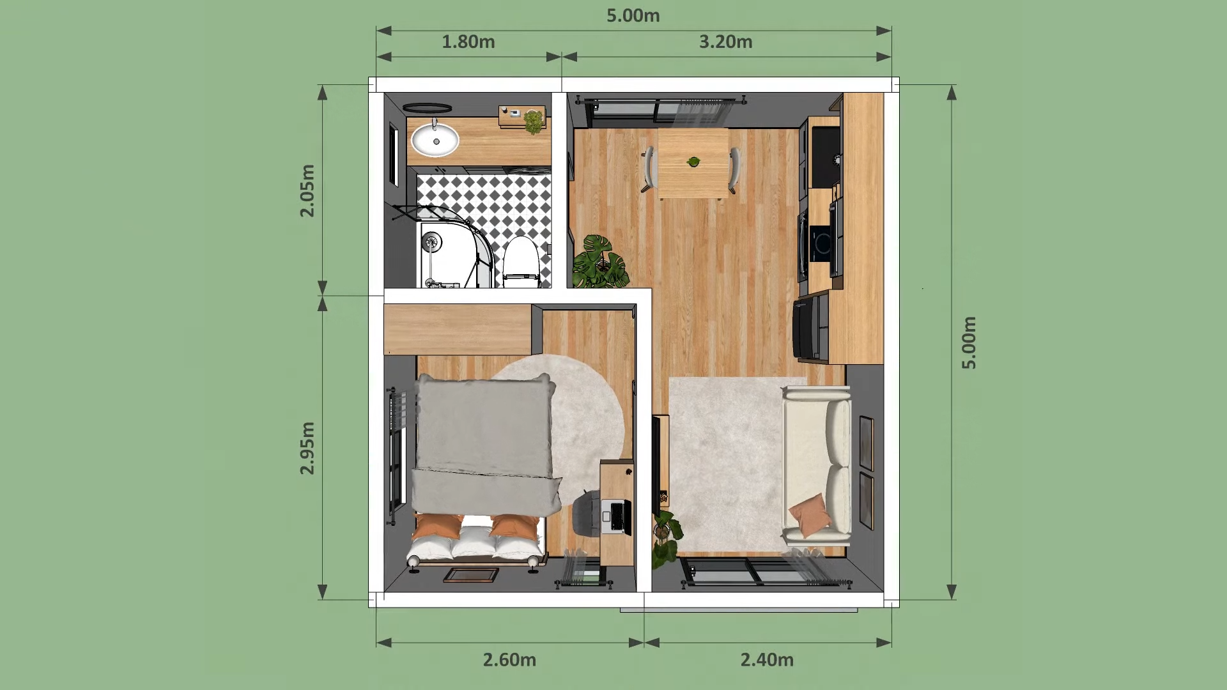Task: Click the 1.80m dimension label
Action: [468, 42]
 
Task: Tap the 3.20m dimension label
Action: [725, 42]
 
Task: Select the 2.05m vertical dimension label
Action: [307, 191]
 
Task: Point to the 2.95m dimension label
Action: [307, 448]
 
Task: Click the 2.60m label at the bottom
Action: [509, 659]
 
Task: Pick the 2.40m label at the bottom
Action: [767, 659]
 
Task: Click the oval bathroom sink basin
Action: [435, 140]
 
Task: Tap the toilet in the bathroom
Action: [521, 262]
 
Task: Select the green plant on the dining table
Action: [693, 162]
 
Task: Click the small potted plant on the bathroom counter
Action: [534, 121]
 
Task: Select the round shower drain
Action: [433, 241]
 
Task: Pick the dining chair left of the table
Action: [649, 169]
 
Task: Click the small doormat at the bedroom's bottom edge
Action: [471, 575]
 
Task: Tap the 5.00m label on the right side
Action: [969, 342]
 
